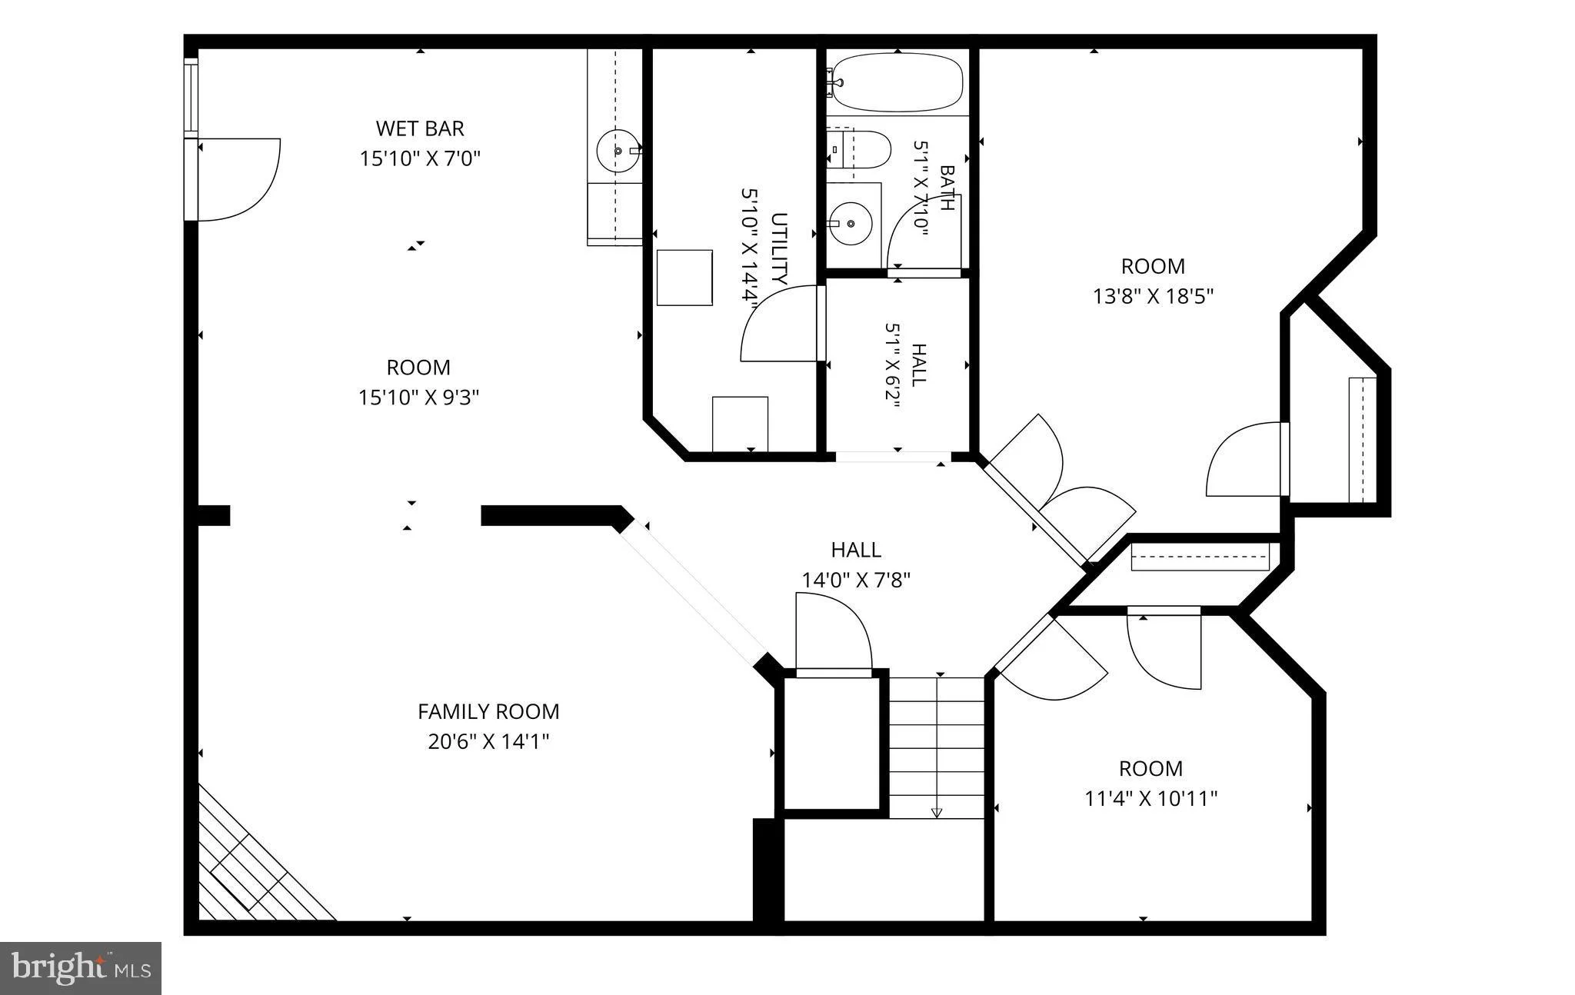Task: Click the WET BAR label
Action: click(420, 128)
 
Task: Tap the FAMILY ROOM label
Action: click(488, 711)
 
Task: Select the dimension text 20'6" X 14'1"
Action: click(488, 742)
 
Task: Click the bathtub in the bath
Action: click(897, 82)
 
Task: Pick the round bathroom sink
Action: click(851, 223)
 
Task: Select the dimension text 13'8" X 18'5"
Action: click(1153, 296)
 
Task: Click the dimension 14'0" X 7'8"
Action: click(856, 580)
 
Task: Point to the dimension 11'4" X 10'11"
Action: click(1150, 798)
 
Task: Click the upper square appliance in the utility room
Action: click(684, 277)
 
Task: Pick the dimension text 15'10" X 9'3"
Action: click(419, 398)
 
